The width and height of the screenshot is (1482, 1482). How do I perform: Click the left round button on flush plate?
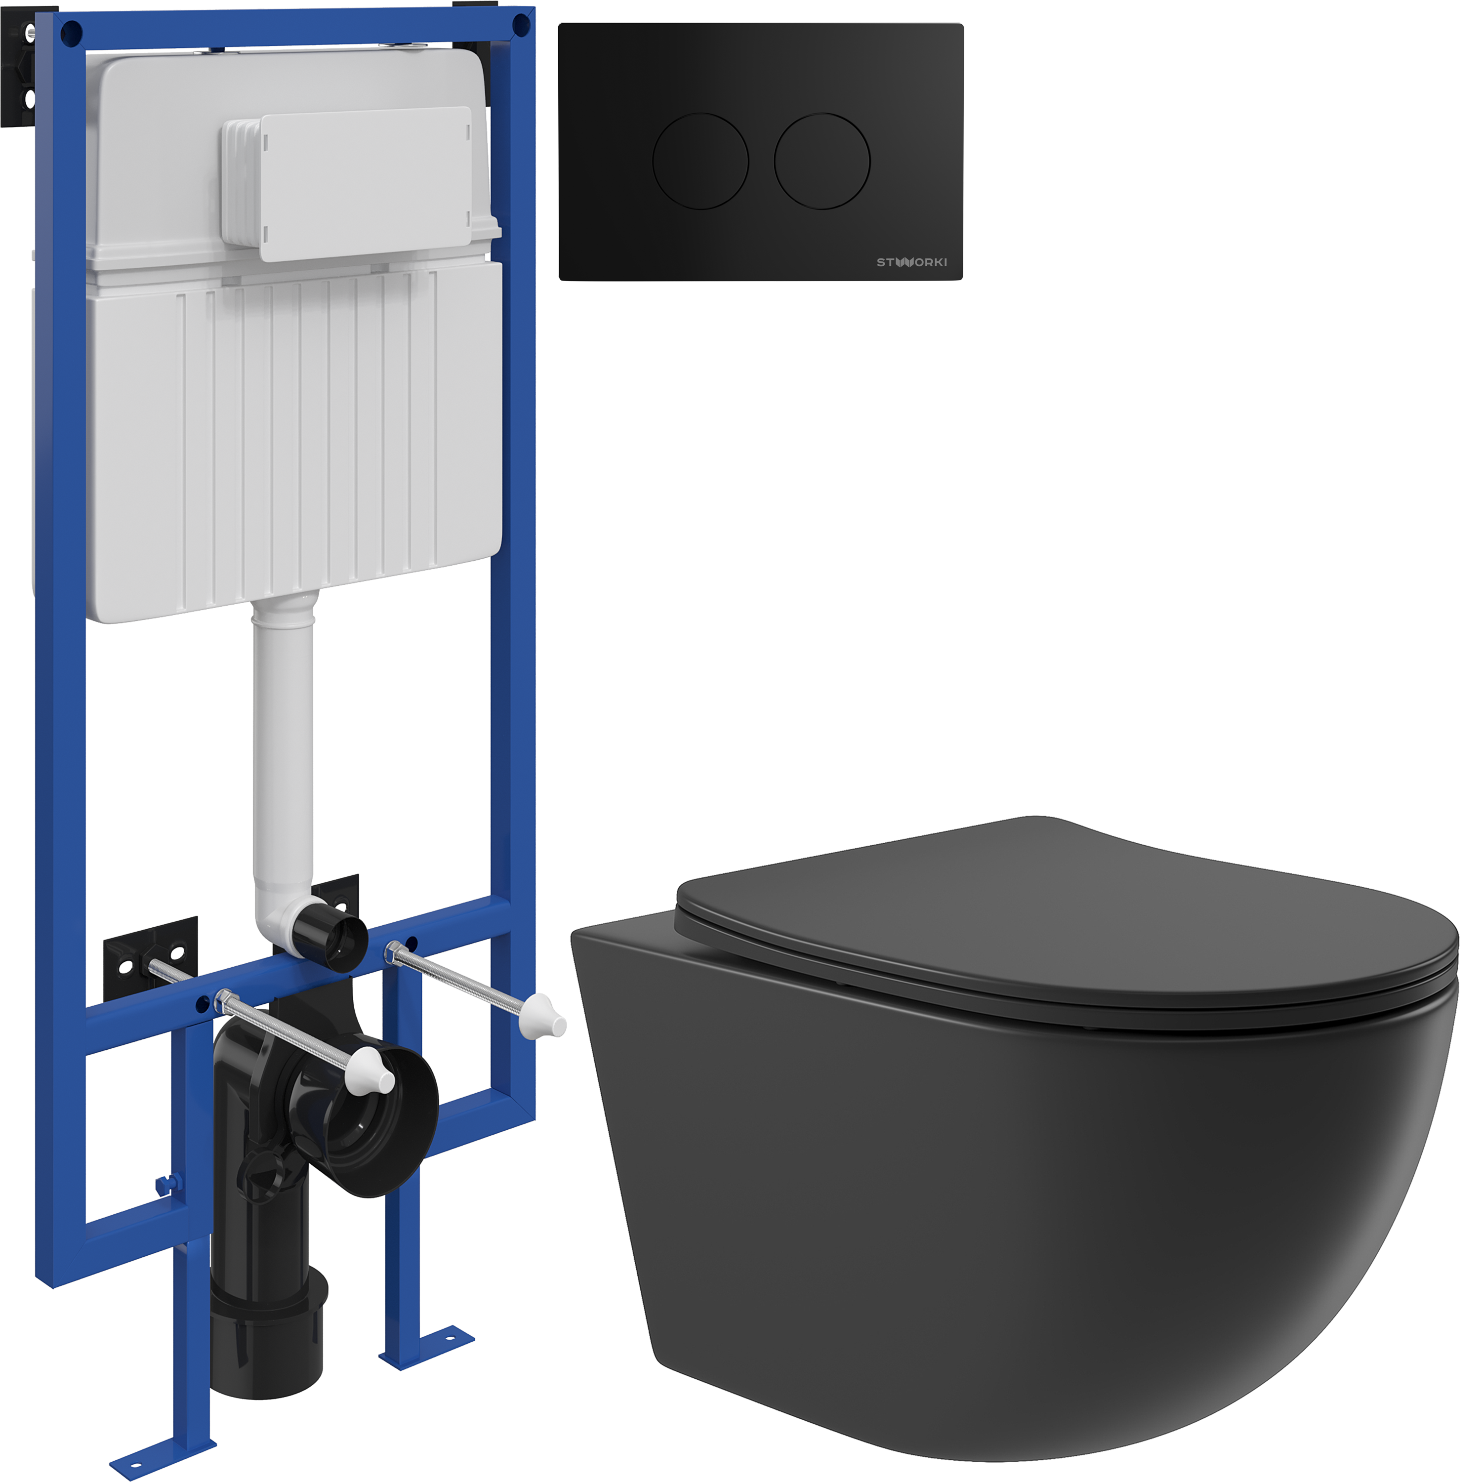pyautogui.click(x=700, y=161)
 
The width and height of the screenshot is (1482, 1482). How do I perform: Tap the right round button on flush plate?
pyautogui.click(x=823, y=161)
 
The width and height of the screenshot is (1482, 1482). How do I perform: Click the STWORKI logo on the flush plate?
pyautogui.click(x=912, y=262)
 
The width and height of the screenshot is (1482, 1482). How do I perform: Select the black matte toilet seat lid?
pyautogui.click(x=1066, y=920)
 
